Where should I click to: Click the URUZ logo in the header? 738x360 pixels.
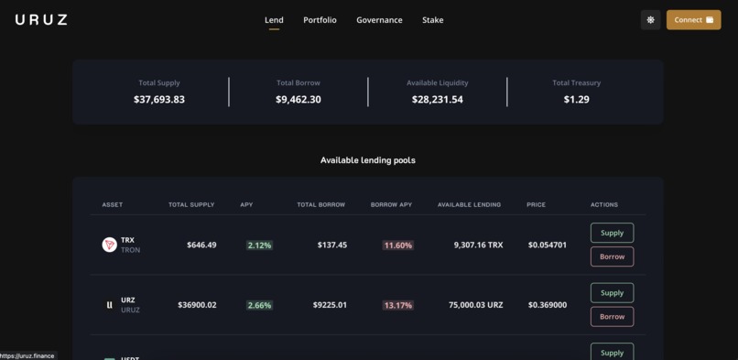(41, 19)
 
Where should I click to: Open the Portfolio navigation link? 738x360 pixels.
(320, 20)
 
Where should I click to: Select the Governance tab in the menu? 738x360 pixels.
(379, 20)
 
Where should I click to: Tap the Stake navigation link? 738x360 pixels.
(432, 20)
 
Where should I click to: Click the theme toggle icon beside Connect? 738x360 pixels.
(650, 19)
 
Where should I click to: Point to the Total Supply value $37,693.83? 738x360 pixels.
(159, 99)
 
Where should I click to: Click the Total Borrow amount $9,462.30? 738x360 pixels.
(298, 99)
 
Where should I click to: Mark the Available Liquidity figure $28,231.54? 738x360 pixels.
(437, 99)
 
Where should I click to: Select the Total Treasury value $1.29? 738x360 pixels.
(576, 99)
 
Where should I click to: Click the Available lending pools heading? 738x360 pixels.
(367, 160)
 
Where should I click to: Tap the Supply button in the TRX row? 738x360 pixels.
(612, 233)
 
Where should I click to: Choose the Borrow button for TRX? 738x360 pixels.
(612, 256)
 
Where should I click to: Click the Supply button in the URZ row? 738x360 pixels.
(612, 293)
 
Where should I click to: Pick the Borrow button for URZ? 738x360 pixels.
(612, 317)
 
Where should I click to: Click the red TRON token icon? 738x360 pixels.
(109, 245)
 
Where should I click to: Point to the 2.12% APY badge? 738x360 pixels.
(259, 245)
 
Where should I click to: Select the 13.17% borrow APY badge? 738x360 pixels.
(397, 305)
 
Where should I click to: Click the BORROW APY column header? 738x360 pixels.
(391, 204)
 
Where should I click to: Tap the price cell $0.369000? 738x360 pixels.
(547, 305)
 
